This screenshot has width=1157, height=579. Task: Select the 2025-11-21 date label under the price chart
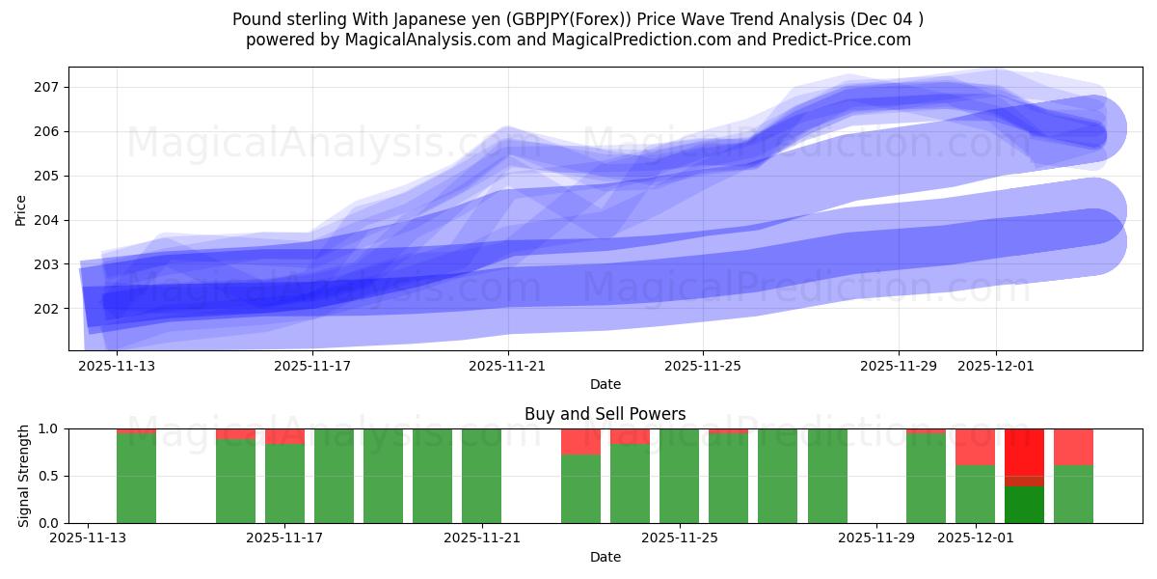point(509,366)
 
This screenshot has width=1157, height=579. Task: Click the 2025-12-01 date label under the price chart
point(996,366)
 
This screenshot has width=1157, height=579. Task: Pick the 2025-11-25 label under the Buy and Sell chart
point(681,538)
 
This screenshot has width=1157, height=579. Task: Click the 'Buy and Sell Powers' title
point(605,414)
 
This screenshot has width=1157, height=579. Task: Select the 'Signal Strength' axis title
point(24,476)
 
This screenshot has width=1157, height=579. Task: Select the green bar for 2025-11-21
point(481,476)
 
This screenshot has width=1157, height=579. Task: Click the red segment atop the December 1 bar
point(975,447)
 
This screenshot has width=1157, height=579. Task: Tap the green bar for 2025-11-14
point(136,479)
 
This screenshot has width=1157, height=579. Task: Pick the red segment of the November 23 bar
point(580,441)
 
